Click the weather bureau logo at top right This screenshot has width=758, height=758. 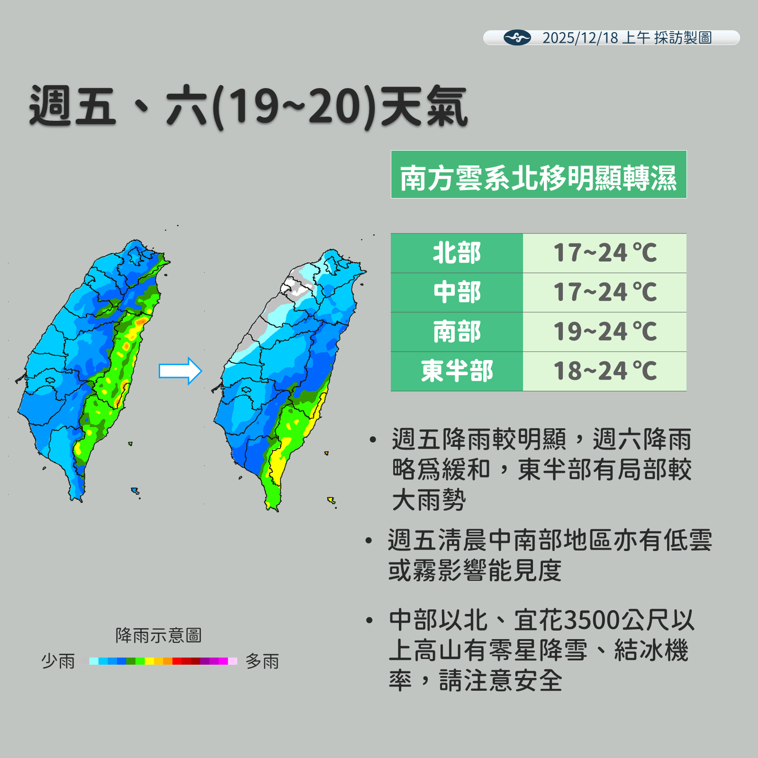coord(517,37)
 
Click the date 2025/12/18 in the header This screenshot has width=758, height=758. coord(580,38)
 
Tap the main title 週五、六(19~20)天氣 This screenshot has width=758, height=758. coord(248,107)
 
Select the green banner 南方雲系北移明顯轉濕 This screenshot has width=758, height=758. coord(538,174)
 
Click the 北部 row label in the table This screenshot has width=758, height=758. coord(457,253)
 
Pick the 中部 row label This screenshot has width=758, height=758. coord(457,292)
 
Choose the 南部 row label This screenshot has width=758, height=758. coord(457,332)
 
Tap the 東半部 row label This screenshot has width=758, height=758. coord(457,371)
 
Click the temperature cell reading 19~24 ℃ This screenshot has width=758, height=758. coord(605,332)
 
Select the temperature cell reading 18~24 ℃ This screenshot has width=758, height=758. coord(605,371)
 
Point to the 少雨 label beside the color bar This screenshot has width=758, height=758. coord(58,661)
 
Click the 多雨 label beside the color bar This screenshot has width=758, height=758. coord(262,661)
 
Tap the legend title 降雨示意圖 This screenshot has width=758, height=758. coord(158,635)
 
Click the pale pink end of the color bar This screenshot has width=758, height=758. coord(233,661)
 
